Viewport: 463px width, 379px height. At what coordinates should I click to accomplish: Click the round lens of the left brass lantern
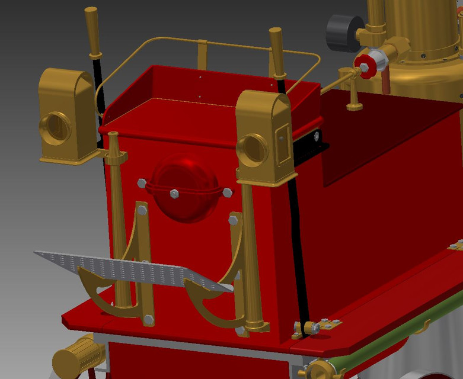[x=56, y=127]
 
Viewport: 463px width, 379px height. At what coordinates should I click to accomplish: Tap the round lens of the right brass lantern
[x=255, y=149]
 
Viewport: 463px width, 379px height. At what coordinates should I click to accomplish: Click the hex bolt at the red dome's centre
[x=174, y=194]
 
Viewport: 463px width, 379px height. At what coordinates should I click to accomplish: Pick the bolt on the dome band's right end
[x=227, y=192]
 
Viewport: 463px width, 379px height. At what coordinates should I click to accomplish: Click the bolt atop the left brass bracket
[x=142, y=210]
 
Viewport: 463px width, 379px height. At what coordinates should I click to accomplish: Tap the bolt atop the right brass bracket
[x=233, y=221]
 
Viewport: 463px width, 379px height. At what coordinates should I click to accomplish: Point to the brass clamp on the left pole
[x=115, y=157]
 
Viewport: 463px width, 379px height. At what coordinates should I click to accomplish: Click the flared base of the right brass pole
[x=257, y=324]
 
